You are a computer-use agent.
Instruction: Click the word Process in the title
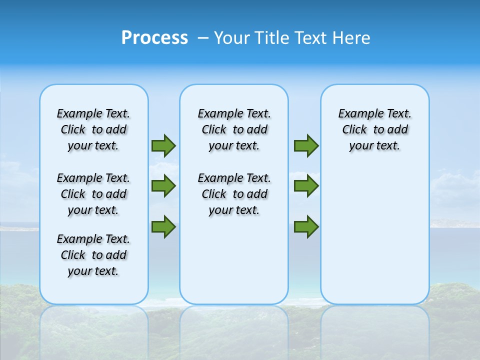coord(154,37)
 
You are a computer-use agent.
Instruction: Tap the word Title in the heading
coord(273,38)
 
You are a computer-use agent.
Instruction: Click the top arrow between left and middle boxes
coord(163,145)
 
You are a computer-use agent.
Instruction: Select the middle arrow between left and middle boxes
coord(163,186)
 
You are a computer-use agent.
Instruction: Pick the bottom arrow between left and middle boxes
coord(163,227)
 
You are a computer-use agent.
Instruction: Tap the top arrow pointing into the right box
coord(306,145)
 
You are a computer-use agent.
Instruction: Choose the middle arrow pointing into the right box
coord(306,186)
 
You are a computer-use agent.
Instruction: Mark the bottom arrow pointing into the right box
coord(306,227)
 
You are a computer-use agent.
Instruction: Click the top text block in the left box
coord(93,129)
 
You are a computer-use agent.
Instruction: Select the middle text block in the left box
coord(93,194)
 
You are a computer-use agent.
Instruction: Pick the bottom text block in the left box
coord(93,255)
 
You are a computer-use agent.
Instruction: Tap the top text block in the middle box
coord(234,129)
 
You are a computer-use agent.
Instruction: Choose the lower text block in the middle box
coord(234,194)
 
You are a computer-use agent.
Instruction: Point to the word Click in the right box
coord(354,130)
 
